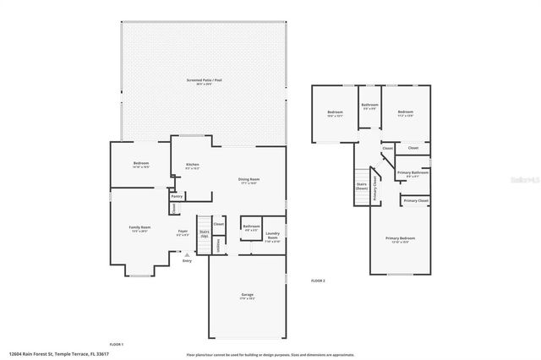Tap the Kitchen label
[x=193, y=166]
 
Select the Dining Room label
[x=249, y=180]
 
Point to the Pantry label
[x=178, y=196]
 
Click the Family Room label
[x=139, y=228]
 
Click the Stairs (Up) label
[x=205, y=232]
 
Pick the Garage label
[x=248, y=296]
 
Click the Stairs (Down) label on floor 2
[x=360, y=187]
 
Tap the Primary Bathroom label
[x=413, y=174]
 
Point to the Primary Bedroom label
[x=401, y=240]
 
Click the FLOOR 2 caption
[x=318, y=280]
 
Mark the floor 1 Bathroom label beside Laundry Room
[x=251, y=226]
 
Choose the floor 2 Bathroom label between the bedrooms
[x=369, y=106]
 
